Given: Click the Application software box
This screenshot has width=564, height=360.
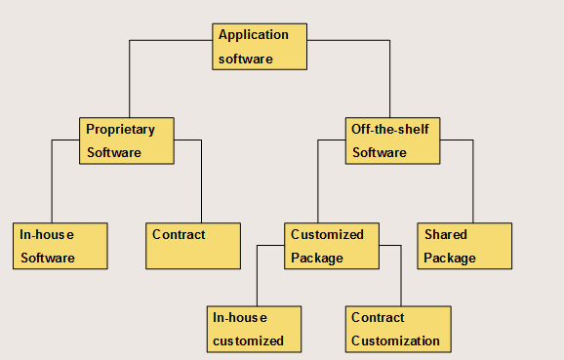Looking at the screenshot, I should (260, 47).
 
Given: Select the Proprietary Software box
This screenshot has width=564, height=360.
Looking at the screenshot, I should (127, 140).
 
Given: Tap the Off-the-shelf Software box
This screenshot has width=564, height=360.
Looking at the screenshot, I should (393, 140).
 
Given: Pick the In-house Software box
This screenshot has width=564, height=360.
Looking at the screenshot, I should (60, 246).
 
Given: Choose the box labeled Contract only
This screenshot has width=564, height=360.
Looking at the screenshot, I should (192, 246).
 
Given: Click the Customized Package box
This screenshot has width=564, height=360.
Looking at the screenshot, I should (333, 246).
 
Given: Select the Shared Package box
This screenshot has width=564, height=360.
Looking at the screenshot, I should (465, 246).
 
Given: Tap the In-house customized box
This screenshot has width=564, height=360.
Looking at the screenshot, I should (254, 329).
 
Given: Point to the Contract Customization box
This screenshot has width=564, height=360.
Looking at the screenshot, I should (398, 329).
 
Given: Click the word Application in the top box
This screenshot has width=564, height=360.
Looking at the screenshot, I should (254, 35).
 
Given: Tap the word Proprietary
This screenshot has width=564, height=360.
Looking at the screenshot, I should (120, 130).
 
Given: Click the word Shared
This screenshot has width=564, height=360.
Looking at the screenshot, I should (446, 235).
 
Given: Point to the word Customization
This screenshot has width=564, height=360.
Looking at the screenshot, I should (395, 341).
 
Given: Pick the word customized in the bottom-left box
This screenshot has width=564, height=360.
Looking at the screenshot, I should (250, 341).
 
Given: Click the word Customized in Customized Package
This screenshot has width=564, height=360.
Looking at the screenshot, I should (327, 235).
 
